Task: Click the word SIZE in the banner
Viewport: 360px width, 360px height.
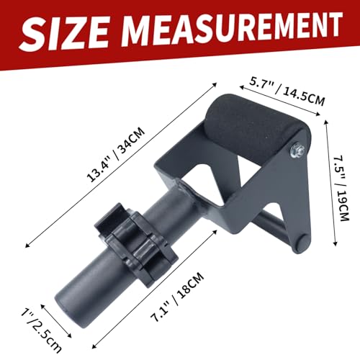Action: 64,34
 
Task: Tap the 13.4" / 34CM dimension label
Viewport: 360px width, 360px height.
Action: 116,155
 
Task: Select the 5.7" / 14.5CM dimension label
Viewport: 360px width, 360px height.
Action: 287,91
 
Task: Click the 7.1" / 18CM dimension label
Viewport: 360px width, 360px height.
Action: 177,297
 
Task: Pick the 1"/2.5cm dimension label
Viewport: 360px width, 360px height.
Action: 41,331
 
